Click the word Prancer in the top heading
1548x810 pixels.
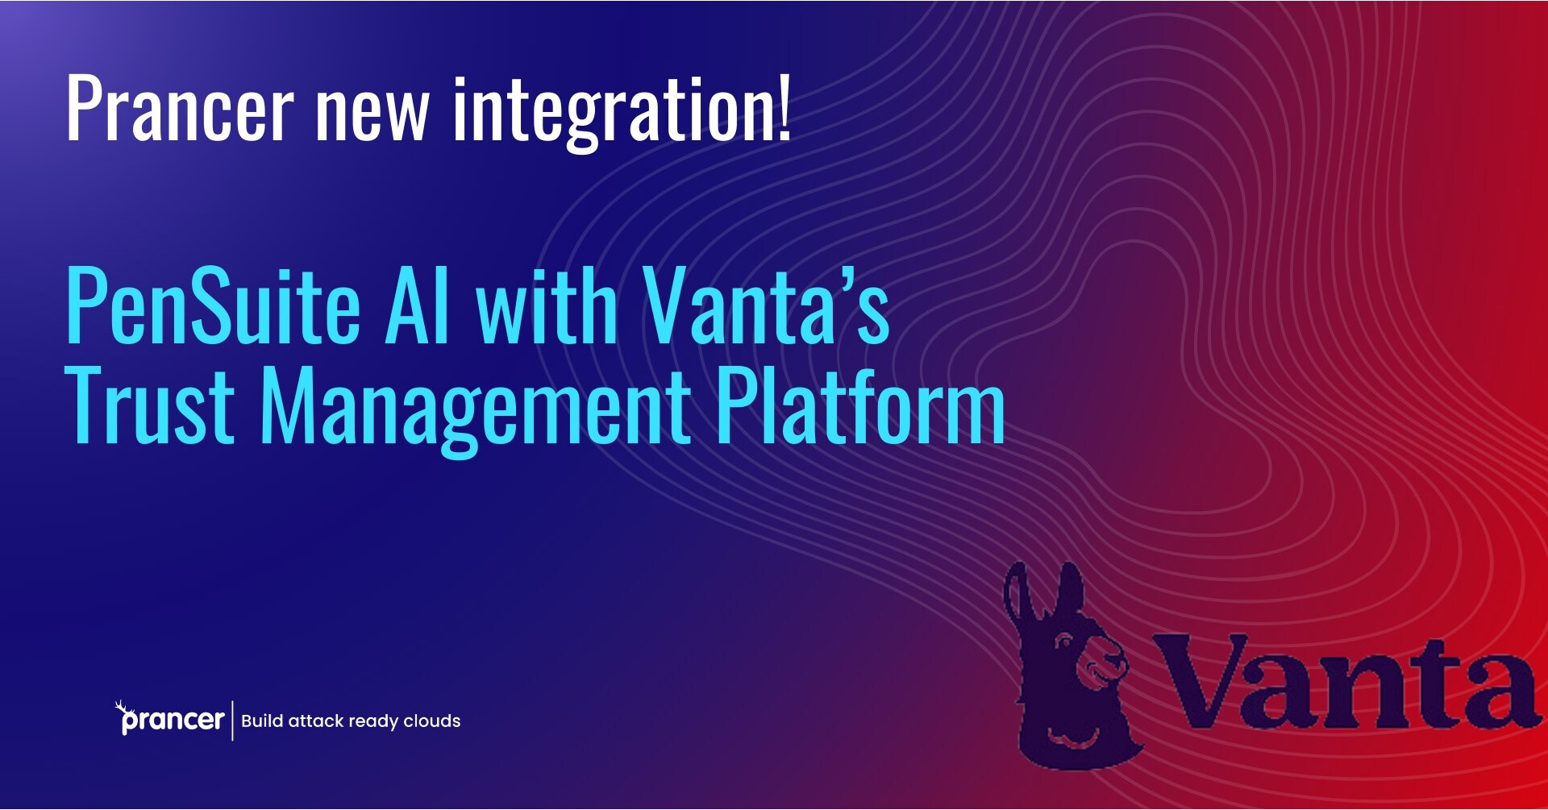point(179,109)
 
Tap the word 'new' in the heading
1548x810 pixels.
point(372,113)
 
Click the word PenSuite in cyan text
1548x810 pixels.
point(212,306)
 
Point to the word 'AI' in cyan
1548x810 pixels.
point(417,306)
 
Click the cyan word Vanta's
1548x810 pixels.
point(766,306)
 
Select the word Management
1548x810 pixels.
point(475,407)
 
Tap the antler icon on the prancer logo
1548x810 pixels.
point(121,707)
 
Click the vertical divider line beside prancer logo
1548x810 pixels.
point(233,720)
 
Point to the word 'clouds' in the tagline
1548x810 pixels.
point(431,721)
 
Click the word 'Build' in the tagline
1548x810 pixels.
point(261,721)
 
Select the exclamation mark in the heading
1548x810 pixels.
point(784,109)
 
